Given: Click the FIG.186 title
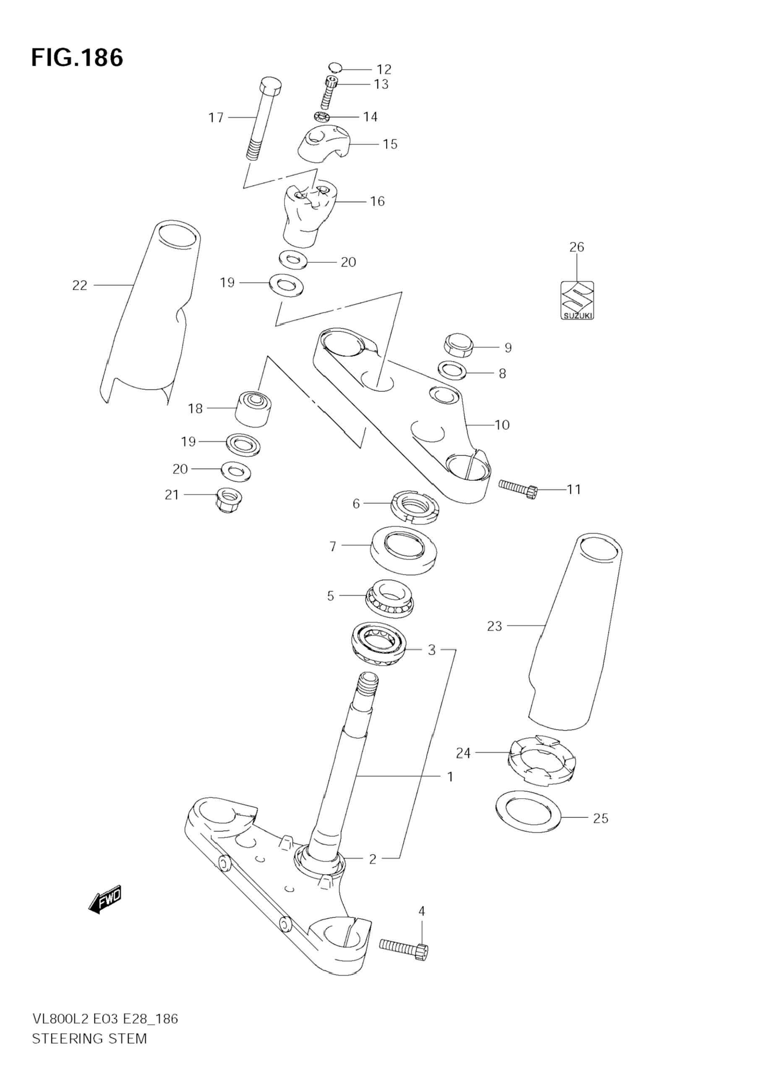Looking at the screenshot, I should coord(77,58).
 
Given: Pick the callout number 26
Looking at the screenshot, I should coord(577,247).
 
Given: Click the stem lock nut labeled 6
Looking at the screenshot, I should coord(414,506).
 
